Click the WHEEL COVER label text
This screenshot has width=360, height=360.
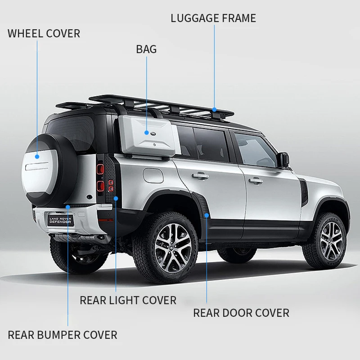pyautogui.click(x=44, y=33)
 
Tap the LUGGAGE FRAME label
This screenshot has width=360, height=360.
pyautogui.click(x=213, y=18)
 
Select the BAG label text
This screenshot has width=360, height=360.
pyautogui.click(x=146, y=49)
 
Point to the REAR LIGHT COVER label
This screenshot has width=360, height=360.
pyautogui.click(x=128, y=300)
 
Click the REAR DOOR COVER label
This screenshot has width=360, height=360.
pyautogui.click(x=241, y=313)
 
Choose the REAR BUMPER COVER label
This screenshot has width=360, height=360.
pyautogui.click(x=63, y=335)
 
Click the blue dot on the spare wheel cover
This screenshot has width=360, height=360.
pyautogui.click(x=37, y=157)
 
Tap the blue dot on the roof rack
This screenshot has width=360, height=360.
pyautogui.click(x=215, y=109)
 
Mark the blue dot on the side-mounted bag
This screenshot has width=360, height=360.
pyautogui.click(x=147, y=132)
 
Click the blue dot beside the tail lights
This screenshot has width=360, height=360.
pyautogui.click(x=116, y=198)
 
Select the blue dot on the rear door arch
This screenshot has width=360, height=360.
pyautogui.click(x=207, y=216)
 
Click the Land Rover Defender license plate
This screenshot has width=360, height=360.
pyautogui.click(x=61, y=220)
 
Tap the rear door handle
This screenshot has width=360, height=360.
pyautogui.click(x=200, y=176)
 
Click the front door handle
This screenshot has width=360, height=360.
pyautogui.click(x=256, y=181)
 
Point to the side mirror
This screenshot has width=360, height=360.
pyautogui.click(x=283, y=160)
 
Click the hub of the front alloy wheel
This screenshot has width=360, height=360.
pyautogui.click(x=332, y=241)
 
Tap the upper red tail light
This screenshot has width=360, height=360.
pyautogui.click(x=100, y=169)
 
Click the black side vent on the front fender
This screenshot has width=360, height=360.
pyautogui.click(x=304, y=192)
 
